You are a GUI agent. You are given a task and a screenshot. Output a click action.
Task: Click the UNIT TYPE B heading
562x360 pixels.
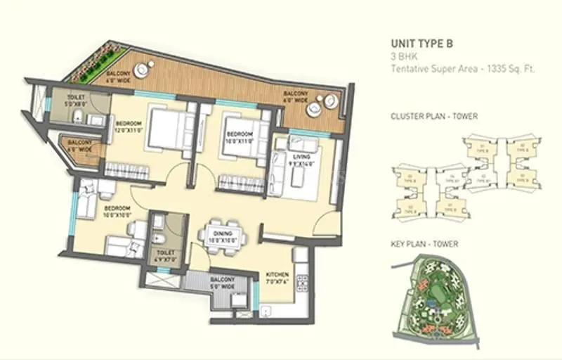point(421,43)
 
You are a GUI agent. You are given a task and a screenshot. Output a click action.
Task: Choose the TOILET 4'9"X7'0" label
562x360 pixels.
point(166,255)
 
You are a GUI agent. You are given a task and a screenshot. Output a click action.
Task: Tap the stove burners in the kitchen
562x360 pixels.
point(302,281)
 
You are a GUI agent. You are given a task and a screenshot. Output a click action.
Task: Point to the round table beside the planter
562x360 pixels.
point(145,69)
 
